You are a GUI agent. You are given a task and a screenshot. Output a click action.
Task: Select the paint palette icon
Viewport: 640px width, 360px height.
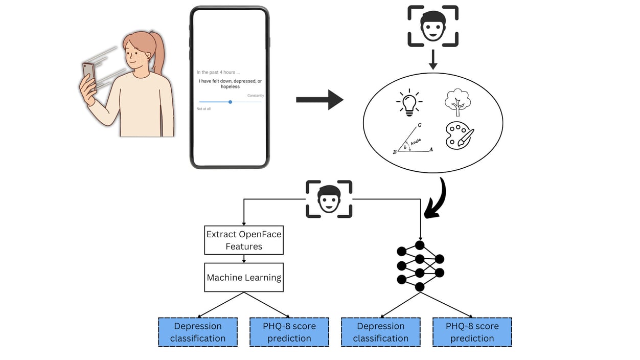click(x=459, y=136)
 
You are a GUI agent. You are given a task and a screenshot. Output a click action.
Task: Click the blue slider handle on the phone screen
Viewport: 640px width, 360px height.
click(x=231, y=102)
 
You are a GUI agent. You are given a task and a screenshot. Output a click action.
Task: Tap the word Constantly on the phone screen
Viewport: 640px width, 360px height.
click(x=256, y=96)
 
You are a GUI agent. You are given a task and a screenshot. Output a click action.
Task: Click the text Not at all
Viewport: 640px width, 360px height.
click(x=203, y=109)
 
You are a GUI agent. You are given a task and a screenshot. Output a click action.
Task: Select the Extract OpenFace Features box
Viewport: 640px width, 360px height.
click(x=244, y=240)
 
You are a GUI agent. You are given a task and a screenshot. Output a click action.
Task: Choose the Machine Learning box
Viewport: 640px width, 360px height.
click(x=244, y=278)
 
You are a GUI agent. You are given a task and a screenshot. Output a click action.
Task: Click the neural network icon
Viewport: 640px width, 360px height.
click(x=420, y=266)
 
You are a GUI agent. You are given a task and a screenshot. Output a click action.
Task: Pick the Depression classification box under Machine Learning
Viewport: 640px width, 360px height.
click(x=198, y=332)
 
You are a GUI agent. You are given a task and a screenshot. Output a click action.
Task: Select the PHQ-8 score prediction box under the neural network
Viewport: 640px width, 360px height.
click(x=472, y=332)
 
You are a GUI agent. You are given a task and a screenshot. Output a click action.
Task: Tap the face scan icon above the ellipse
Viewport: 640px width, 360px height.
click(x=433, y=27)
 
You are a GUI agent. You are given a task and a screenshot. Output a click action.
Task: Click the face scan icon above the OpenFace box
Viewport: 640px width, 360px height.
click(x=329, y=199)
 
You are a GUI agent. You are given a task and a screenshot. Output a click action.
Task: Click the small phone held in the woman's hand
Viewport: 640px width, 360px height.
click(x=89, y=76)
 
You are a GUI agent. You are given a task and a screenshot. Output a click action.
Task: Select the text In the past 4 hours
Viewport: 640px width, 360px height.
click(x=218, y=73)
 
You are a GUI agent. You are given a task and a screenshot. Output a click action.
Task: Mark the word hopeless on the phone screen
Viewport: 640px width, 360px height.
click(x=230, y=87)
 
